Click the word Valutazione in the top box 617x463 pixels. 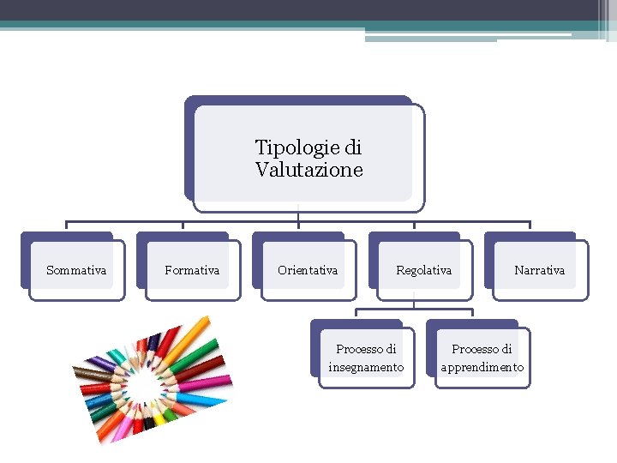point(308,170)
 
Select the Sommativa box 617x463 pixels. point(76,270)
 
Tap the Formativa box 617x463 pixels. point(192,270)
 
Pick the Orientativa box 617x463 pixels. point(308,270)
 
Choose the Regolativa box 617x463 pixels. point(423,270)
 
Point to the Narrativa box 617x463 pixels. point(539,270)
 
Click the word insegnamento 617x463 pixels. point(366,367)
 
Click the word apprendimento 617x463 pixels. point(482,367)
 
